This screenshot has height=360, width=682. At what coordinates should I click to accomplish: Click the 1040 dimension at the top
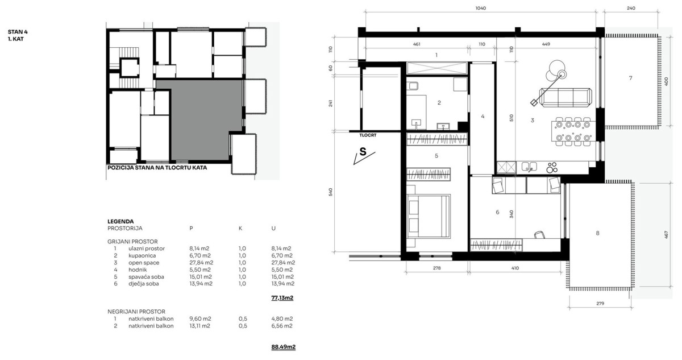tap(480, 8)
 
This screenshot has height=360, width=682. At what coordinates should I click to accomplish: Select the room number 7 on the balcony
tap(630, 78)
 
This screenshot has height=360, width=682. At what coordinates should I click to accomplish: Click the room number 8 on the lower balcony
tap(597, 233)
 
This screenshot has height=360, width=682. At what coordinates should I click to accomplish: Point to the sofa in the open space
tap(565, 97)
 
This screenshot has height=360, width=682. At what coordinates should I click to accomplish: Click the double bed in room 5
tap(429, 216)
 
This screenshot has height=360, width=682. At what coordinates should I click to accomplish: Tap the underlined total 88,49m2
tap(283, 347)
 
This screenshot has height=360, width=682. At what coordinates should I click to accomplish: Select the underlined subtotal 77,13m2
tap(282, 297)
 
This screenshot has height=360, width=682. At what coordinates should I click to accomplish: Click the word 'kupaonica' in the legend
tap(142, 255)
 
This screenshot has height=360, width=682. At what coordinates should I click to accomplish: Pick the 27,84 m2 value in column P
tap(201, 263)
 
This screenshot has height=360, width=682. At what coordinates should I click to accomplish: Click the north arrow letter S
tap(363, 152)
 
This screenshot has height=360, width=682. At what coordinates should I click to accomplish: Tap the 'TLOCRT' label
tap(368, 135)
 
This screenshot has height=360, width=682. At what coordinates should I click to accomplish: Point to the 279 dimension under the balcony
tap(600, 303)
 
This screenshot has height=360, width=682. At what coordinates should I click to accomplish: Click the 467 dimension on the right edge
tap(666, 234)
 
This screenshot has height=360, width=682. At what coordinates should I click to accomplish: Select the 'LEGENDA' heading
tap(120, 221)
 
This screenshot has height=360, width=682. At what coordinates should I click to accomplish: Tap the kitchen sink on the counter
tap(529, 167)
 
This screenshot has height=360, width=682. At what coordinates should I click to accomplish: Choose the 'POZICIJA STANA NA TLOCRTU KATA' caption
tap(157, 168)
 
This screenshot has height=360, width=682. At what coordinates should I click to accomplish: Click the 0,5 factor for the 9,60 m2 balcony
tap(243, 319)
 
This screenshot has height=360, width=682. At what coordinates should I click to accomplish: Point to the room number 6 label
tap(497, 212)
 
